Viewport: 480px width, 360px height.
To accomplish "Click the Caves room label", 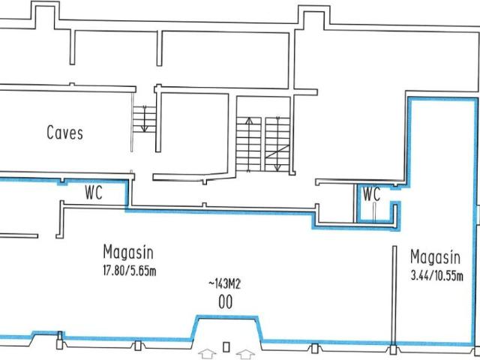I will [x=64, y=133].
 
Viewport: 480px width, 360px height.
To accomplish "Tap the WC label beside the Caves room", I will [x=93, y=192].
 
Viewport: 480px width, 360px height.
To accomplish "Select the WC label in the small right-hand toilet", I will [x=371, y=194].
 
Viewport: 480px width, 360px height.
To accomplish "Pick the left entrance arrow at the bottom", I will [x=206, y=349].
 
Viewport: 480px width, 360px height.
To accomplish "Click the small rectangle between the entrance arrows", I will [x=225, y=348].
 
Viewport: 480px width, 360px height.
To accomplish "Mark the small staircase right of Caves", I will [x=142, y=118].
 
